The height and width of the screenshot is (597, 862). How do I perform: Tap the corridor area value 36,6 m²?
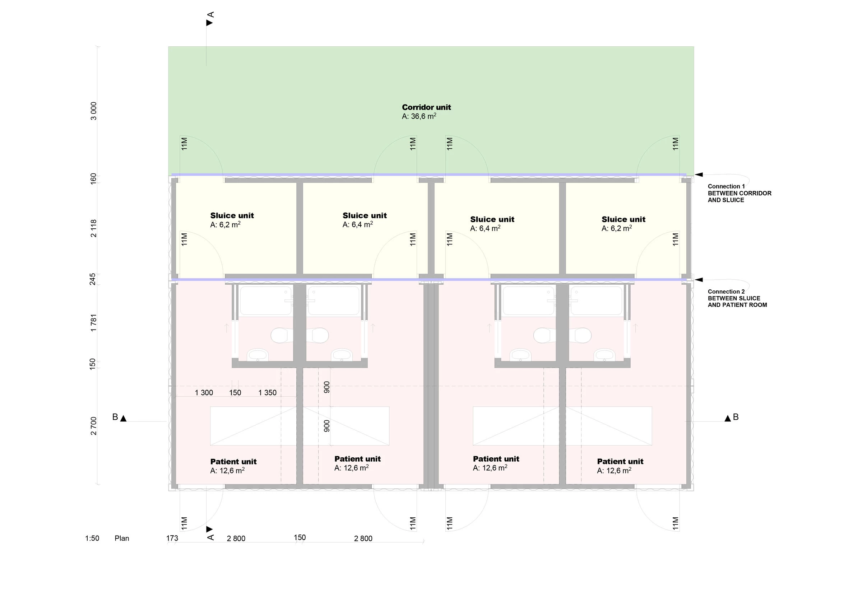coord(419,116)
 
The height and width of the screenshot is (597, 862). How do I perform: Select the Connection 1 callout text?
coord(739,193)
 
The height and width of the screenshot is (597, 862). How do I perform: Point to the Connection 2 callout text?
coord(737,298)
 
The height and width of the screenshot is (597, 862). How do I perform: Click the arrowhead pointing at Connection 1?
coord(699,175)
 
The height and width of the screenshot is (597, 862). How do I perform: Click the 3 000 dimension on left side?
coord(93,111)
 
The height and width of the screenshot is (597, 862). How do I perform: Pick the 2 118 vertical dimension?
coord(93,228)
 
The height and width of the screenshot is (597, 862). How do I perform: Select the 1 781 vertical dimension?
coord(93,322)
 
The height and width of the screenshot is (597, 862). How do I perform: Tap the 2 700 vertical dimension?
coord(93,426)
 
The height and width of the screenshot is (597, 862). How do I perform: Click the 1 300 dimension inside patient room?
coord(204,393)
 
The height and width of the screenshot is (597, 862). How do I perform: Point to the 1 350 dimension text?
coord(267,393)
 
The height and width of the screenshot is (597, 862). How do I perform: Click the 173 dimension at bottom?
coord(172,538)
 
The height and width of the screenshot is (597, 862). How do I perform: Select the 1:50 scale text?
coord(92,538)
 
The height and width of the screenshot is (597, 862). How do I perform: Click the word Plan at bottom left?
coord(122,538)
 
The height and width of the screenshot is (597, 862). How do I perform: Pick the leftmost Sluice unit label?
coord(232,215)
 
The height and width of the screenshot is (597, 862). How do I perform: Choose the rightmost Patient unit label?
coord(620,462)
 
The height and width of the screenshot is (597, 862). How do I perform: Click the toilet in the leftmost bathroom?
coord(281,335)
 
